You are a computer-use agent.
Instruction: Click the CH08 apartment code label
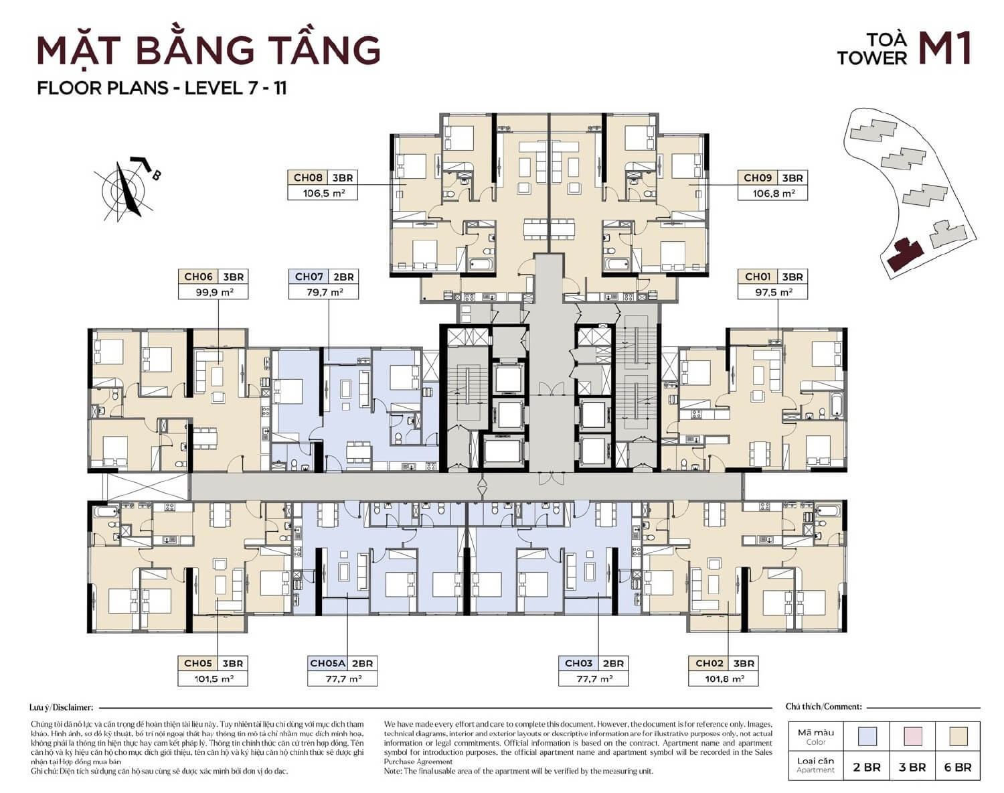tap(308, 177)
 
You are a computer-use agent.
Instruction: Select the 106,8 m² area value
tap(773, 193)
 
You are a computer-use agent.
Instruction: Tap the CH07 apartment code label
tap(309, 277)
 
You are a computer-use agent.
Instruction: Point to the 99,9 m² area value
tap(214, 292)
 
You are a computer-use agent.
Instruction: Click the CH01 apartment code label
tap(758, 277)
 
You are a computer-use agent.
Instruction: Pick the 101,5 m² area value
tap(213, 678)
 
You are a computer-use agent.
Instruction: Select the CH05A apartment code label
tap(327, 663)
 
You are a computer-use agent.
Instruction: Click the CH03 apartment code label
tap(578, 663)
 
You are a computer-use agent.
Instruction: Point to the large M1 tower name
tap(944, 50)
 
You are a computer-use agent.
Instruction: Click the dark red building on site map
tap(904, 255)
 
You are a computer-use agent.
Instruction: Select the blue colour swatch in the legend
tap(867, 737)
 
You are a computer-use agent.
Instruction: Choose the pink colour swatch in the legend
tap(912, 737)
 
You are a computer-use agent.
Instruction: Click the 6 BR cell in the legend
tap(957, 768)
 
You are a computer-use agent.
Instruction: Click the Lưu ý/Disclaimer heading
tap(62, 707)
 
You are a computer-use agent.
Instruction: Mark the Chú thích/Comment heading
tap(823, 707)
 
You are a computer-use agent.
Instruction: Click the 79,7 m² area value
tap(323, 292)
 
